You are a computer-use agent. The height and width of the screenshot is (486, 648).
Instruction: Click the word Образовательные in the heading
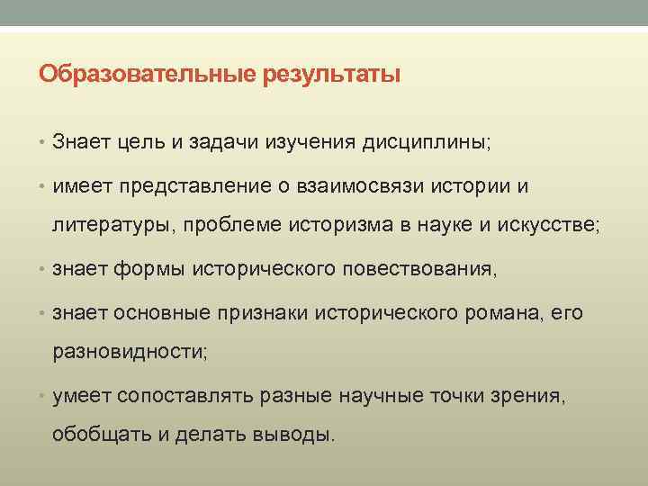(x=148, y=73)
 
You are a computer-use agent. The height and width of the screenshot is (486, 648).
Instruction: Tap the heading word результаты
(x=332, y=73)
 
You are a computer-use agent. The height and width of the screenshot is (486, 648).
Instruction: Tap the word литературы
(x=113, y=224)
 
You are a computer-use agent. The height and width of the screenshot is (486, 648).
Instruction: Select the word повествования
(x=419, y=268)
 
